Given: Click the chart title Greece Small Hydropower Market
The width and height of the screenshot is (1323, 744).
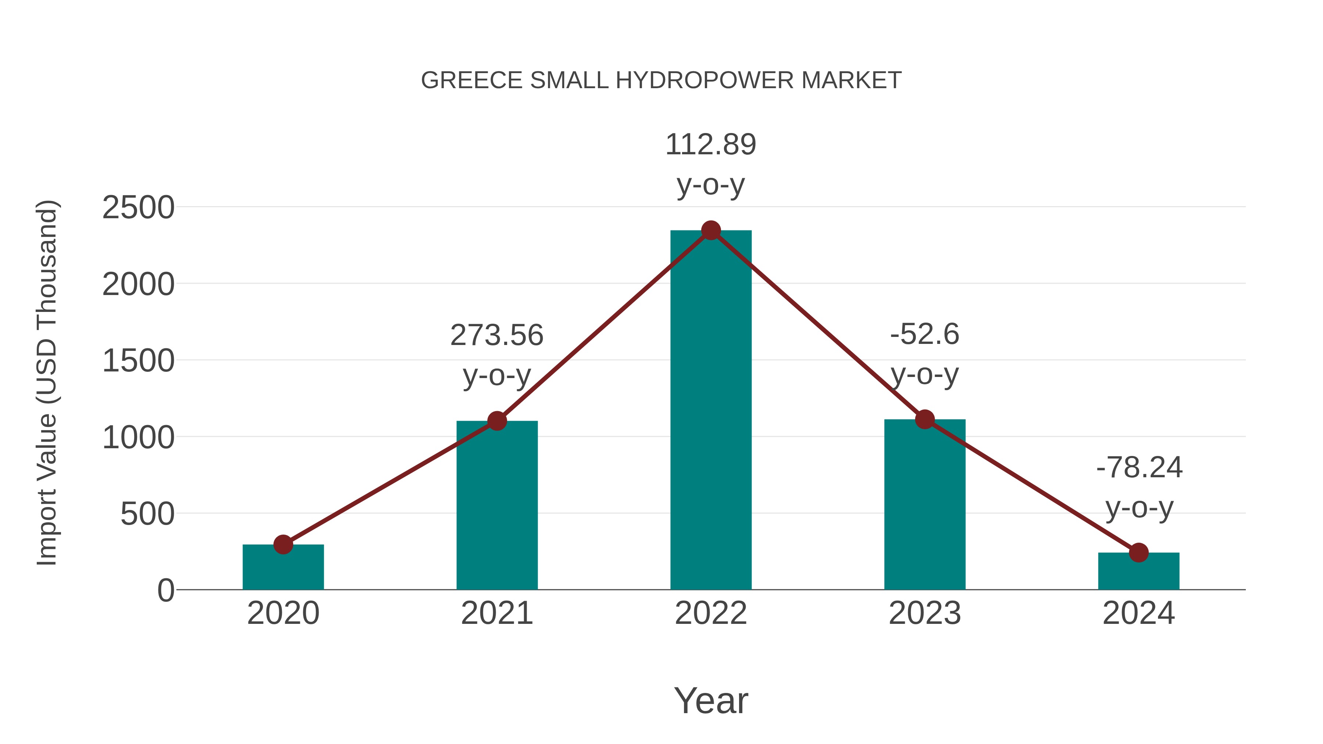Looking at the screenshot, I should point(661,80).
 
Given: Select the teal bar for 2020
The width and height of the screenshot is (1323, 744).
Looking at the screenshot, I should point(283,569).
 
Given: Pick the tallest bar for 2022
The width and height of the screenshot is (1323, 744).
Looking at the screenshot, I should point(711,411).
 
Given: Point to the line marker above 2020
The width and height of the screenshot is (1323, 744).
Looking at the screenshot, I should point(283,544).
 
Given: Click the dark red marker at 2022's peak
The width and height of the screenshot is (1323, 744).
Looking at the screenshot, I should point(711,230).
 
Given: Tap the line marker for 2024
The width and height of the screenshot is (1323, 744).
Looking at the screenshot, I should point(1139,553).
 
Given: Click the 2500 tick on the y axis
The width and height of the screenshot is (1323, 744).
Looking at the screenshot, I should point(138,208).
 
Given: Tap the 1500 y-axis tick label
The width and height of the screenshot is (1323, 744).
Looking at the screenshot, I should point(138,361).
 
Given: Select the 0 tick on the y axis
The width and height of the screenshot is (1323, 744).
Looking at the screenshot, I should point(165,590).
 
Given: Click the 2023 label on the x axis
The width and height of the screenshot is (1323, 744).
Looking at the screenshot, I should point(925,613).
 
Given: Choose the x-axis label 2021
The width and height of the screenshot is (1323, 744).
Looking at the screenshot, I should point(496,613).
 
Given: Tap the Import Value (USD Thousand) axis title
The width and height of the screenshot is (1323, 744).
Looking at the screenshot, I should point(47,382).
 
